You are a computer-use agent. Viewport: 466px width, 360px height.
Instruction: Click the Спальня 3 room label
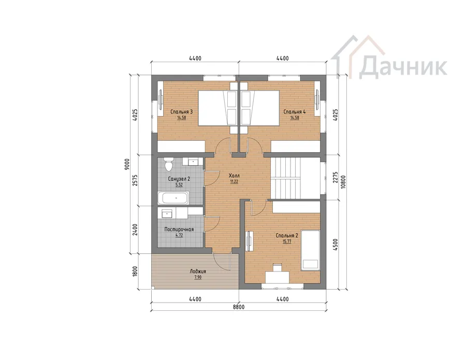tap(181, 112)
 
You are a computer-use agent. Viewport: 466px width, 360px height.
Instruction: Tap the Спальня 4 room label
tap(294, 112)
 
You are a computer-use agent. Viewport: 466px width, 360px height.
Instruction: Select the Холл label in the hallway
tap(234, 176)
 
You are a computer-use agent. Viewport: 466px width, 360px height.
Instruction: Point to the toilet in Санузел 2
tap(169, 165)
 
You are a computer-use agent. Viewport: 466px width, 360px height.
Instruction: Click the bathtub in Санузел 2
tap(172, 198)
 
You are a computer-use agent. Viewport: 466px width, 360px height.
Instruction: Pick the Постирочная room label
tap(179, 229)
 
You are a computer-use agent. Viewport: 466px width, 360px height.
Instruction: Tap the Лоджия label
tap(198, 271)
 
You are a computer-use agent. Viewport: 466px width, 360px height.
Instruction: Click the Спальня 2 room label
tap(287, 236)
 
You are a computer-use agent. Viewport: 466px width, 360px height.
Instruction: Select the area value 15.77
tap(287, 242)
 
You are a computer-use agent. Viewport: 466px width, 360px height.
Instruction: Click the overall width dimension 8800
tap(238, 307)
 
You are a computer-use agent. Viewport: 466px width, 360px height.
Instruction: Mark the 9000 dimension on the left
tap(127, 164)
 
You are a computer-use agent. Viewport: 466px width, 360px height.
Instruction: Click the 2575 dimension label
tap(135, 180)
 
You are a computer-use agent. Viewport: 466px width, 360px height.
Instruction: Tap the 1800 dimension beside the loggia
tap(135, 271)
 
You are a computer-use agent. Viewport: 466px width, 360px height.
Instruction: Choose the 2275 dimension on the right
tap(335, 177)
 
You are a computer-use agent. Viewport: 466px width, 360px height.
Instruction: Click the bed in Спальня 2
tap(310, 250)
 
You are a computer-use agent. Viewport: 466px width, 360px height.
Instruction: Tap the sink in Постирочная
tap(167, 213)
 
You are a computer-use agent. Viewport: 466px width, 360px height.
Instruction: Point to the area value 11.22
tap(234, 182)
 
